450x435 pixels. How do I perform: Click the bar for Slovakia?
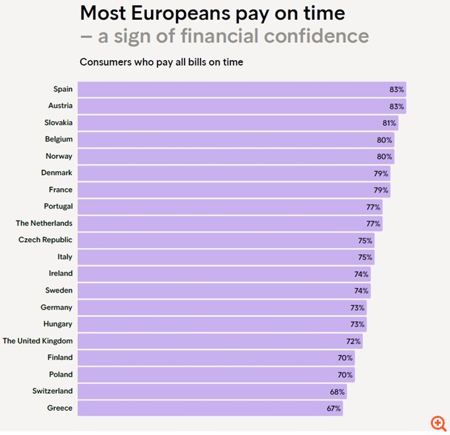[238, 122]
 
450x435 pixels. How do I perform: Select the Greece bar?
[210, 408]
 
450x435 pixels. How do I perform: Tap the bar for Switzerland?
[212, 391]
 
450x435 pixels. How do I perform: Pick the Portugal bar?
[230, 207]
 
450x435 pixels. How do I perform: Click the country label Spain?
[63, 89]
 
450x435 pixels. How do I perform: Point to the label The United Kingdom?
[38, 341]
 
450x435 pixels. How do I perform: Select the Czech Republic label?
[46, 240]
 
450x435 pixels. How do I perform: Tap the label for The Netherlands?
[44, 223]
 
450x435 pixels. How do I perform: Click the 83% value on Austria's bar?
[397, 106]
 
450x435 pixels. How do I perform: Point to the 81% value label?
[389, 122]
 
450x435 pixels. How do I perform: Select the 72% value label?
[353, 341]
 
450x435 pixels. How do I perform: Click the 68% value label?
[337, 391]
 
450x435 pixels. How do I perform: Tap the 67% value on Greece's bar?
[334, 408]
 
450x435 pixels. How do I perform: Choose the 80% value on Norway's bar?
[385, 156]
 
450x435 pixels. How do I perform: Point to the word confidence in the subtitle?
[316, 36]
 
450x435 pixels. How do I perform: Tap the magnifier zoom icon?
[437, 422]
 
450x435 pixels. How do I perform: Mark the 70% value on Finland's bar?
[345, 358]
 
